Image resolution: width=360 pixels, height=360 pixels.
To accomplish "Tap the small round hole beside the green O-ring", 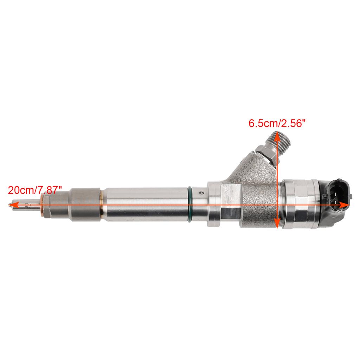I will (x=201, y=193).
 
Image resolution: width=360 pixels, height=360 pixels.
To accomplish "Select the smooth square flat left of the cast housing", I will (x=231, y=204).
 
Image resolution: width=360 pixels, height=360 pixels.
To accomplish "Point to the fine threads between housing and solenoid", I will (x=282, y=204).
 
